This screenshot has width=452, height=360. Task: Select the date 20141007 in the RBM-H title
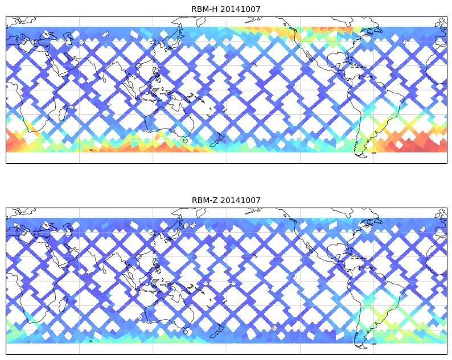240,9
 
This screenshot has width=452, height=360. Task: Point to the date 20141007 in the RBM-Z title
240,200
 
